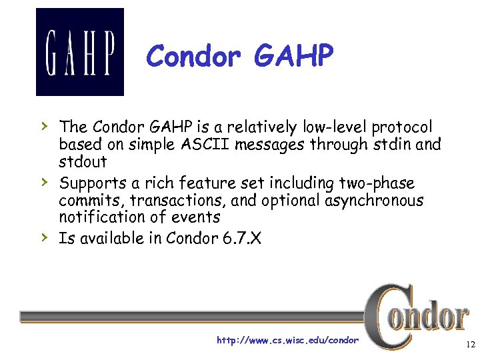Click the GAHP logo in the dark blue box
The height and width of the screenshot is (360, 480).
[x=79, y=52]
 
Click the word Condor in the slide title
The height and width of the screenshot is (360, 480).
[x=193, y=57]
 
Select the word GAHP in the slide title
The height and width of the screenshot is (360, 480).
[x=293, y=57]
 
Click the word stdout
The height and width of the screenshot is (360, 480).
[x=83, y=162]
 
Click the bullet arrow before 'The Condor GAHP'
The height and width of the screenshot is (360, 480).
[x=43, y=125]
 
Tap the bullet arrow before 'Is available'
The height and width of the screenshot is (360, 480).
[x=43, y=237]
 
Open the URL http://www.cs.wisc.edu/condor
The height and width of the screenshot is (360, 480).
[x=287, y=341]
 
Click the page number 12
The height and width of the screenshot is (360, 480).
[x=471, y=345]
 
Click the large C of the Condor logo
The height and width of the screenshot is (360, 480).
[x=385, y=316]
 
